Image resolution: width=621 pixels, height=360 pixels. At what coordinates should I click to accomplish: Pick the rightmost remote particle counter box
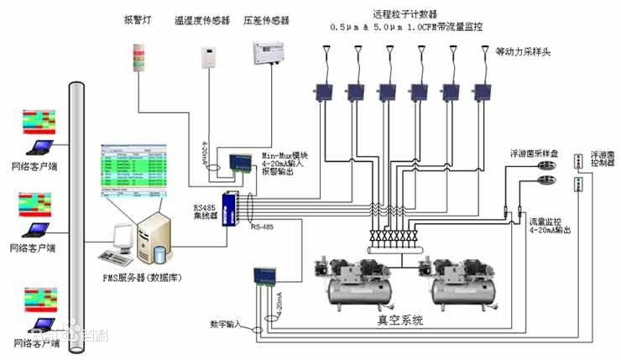point(482,90)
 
